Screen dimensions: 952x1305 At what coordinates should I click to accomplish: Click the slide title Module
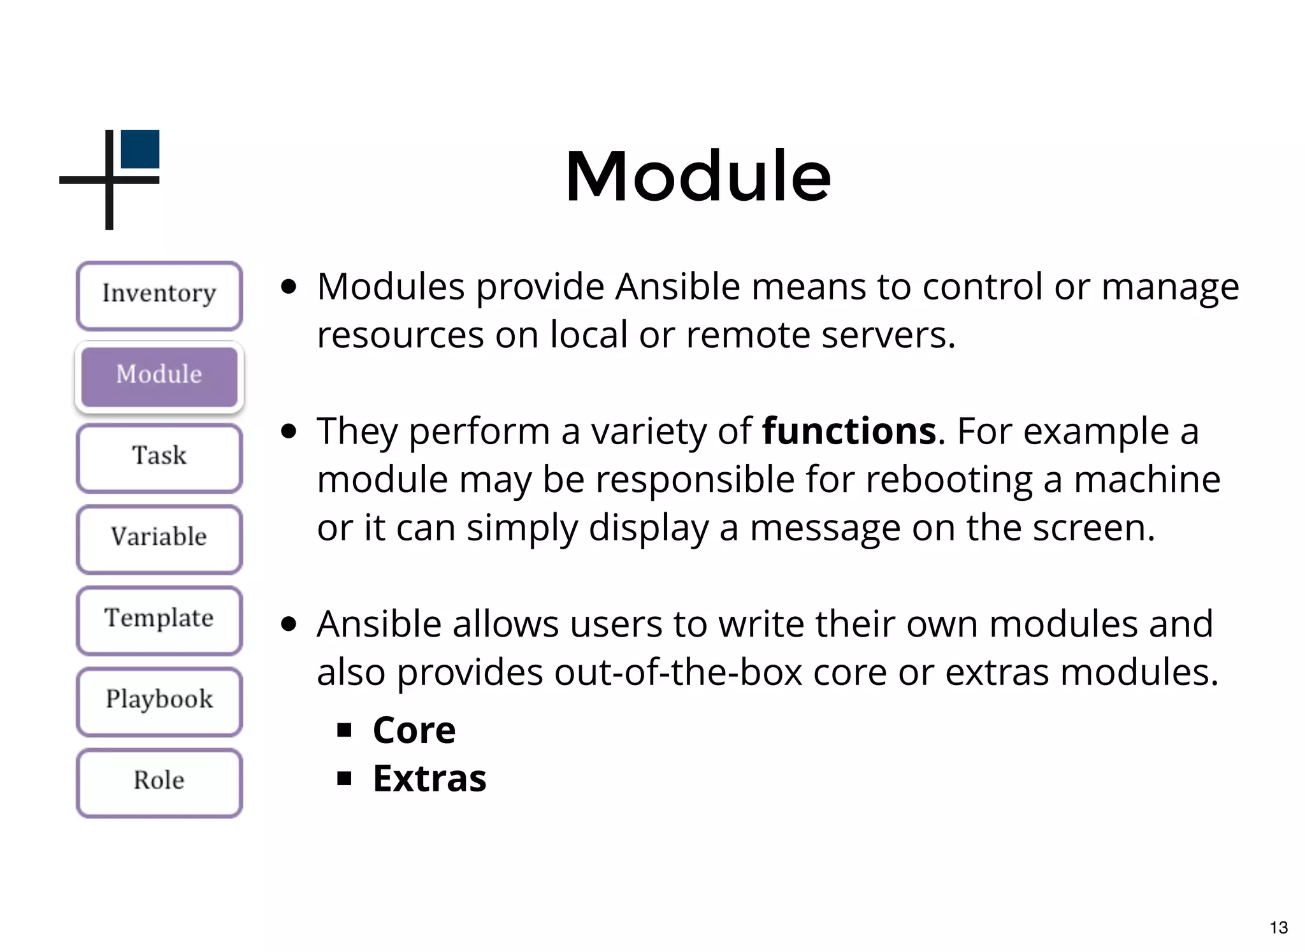(x=698, y=177)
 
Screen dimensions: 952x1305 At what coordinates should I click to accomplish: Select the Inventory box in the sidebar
(x=159, y=295)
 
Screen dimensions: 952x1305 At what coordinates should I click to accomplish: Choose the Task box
(x=159, y=457)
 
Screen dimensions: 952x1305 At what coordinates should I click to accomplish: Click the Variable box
(x=159, y=538)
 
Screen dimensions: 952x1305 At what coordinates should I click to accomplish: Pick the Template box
(x=159, y=619)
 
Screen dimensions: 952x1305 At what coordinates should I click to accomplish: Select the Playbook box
(x=159, y=700)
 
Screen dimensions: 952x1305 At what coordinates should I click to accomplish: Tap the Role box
(x=159, y=781)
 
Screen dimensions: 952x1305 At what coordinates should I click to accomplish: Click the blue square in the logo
(x=140, y=149)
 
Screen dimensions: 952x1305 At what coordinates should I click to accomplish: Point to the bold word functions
(x=849, y=431)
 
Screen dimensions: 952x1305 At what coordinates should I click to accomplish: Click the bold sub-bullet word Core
(x=414, y=730)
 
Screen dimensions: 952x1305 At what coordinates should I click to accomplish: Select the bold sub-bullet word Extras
(x=429, y=779)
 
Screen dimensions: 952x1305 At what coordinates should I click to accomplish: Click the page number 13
(x=1278, y=927)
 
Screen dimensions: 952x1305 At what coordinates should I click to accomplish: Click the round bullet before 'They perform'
(x=289, y=431)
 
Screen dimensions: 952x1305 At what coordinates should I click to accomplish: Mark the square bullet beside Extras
(x=345, y=778)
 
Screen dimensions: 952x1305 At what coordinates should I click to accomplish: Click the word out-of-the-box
(x=678, y=672)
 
